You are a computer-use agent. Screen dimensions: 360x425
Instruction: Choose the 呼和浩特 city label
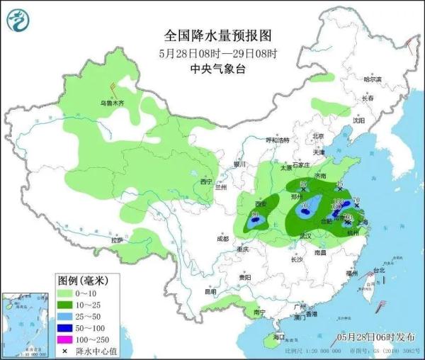278,140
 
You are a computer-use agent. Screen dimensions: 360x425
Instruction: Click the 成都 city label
223,239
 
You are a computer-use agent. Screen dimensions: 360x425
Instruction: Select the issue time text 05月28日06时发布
373,336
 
